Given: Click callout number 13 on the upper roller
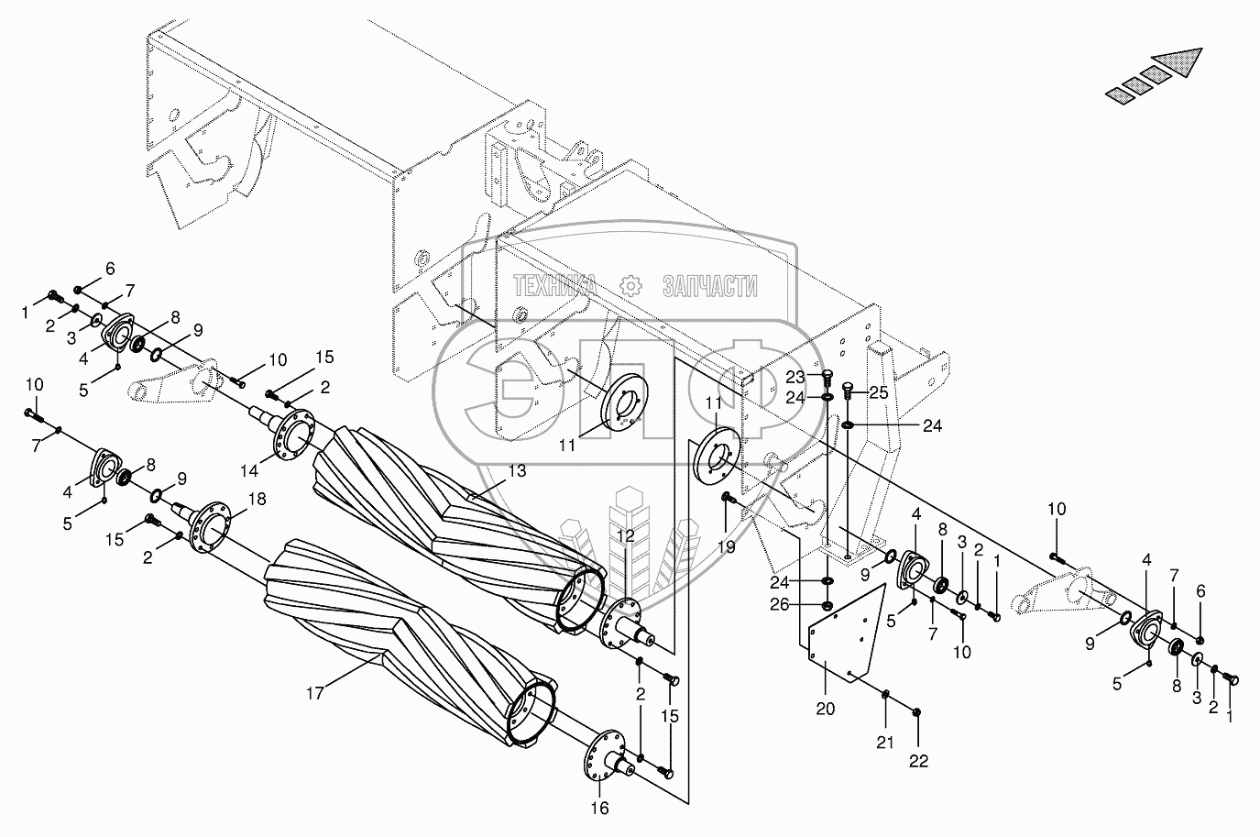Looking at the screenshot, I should point(517,470).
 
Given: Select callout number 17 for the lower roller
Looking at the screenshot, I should point(314,694).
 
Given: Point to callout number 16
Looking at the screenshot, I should point(598,808).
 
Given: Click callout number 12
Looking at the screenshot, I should point(625,536).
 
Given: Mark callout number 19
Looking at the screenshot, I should point(727,547).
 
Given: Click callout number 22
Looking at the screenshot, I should point(919,760).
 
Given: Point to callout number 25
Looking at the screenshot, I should point(878,392).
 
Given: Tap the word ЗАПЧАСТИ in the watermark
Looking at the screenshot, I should point(710,287).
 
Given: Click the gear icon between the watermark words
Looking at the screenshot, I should point(630,285).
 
